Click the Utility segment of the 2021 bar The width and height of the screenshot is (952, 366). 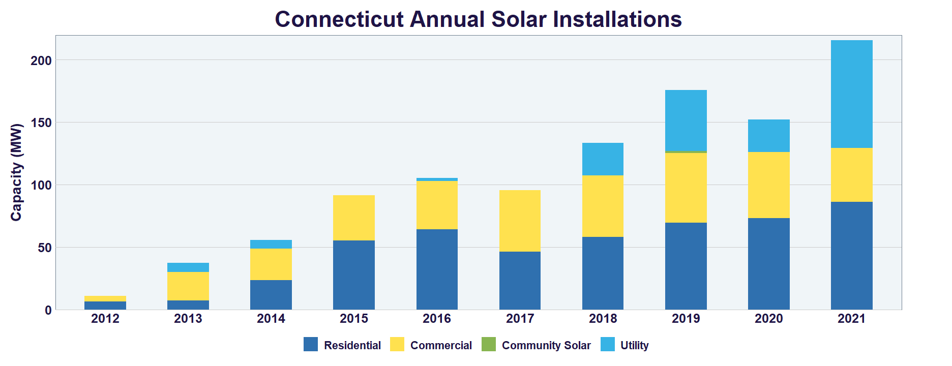pos(851,94)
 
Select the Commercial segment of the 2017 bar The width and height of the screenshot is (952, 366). pos(520,221)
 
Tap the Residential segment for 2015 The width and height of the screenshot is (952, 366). pos(353,274)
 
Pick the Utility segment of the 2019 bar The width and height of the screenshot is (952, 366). pos(686,120)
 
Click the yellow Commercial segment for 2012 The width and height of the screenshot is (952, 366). pos(105,298)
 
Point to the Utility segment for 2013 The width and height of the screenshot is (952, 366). pos(188,267)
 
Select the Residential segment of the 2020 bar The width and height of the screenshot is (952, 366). pos(768,263)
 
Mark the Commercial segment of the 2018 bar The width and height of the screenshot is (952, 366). pos(603,206)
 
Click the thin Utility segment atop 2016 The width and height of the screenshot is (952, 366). pos(437,179)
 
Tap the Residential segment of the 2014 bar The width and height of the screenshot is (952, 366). pos(271,294)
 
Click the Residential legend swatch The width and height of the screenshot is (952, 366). pos(311,345)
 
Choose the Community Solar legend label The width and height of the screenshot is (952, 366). pos(546,346)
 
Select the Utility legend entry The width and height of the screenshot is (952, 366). pos(634,346)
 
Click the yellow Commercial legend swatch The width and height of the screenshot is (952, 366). pos(397,345)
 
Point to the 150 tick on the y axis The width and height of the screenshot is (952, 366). pos(41,123)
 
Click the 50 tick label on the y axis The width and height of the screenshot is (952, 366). pos(45,248)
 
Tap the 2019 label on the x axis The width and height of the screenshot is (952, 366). pos(686,319)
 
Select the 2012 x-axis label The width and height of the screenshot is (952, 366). pos(105,319)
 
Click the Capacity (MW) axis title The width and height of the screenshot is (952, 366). pos(17,172)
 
